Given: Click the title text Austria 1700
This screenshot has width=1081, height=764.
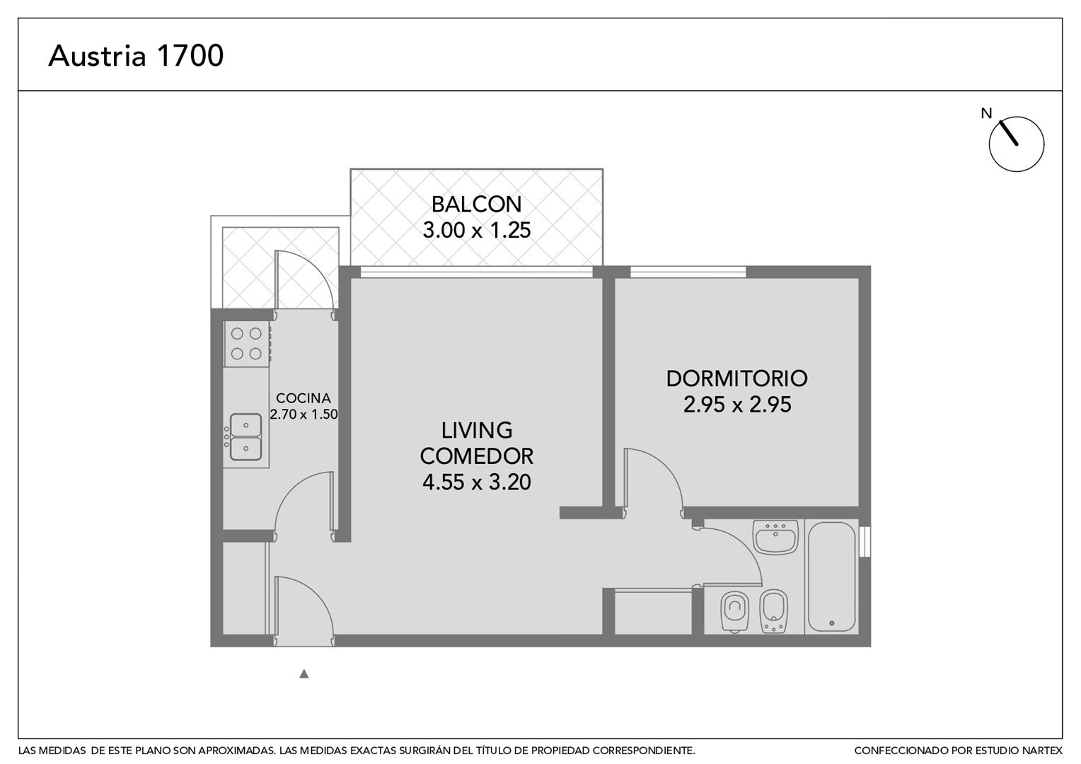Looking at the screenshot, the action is pos(136,55).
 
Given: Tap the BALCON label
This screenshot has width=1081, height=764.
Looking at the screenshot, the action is pos(476,204).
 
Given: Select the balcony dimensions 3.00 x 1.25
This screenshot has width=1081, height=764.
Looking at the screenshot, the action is pos(476,230).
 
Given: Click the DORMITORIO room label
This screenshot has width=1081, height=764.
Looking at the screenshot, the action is pos(736,378).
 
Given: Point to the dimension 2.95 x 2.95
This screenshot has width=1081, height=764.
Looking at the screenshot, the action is pos(737,405).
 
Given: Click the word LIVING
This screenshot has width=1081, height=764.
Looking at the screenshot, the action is pos(476,431).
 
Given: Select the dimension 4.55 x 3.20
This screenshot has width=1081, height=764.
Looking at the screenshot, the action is pos(476,482).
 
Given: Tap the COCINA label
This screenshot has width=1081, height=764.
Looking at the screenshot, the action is pos(303,398).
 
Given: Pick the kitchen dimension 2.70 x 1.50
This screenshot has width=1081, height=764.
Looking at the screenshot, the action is pos(303,414).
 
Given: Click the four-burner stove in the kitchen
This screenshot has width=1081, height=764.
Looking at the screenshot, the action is pos(246,344).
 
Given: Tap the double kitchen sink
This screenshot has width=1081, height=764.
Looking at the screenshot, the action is pos(246,436).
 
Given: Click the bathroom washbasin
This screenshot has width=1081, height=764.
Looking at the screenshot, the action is pos(775,537).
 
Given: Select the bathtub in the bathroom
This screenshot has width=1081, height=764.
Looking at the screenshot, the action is pos(831,577).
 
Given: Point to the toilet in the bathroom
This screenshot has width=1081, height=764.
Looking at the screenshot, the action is pos(734,611).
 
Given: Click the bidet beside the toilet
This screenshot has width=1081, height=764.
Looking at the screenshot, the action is pos(773,611).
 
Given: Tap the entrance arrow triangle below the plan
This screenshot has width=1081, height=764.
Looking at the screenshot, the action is pos(304,673).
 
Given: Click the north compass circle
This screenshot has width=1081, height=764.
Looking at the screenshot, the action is pos(1017,144).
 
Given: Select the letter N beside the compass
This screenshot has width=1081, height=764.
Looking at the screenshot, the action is pos(986,113).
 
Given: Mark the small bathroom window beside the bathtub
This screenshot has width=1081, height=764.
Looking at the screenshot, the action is pos(865,543).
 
